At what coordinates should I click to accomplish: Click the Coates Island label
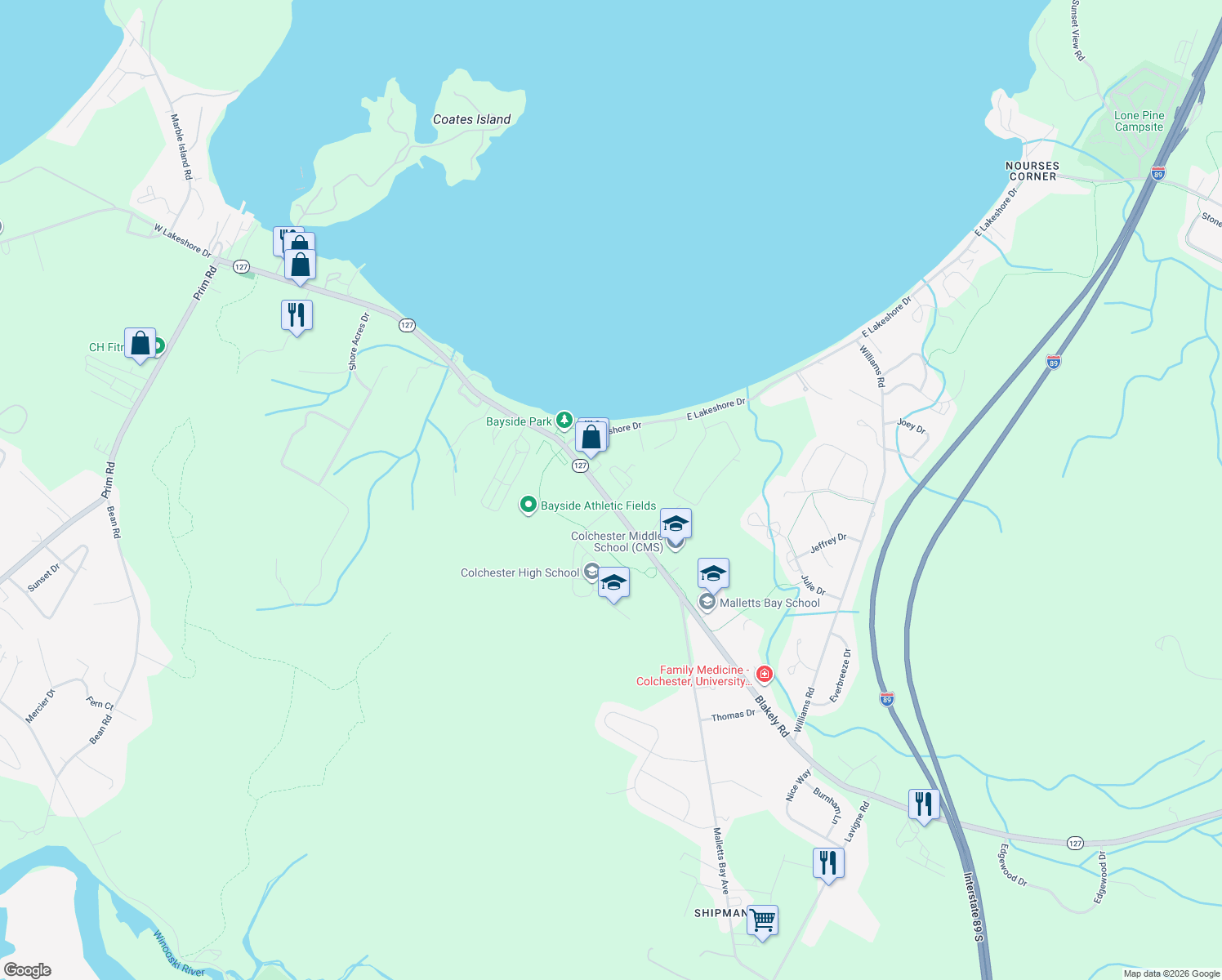click(471, 119)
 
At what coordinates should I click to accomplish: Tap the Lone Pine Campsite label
click(1139, 121)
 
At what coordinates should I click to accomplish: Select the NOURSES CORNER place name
click(1032, 171)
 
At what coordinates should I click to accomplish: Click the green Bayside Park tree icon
click(564, 421)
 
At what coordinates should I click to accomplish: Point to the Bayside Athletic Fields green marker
click(528, 506)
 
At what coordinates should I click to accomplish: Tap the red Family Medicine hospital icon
click(765, 674)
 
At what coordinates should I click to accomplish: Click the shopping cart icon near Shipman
click(762, 920)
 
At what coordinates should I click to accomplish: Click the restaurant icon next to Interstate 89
click(923, 804)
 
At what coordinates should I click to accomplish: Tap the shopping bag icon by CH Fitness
click(140, 344)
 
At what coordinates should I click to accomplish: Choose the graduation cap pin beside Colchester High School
click(613, 583)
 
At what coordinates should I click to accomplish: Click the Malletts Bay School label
click(769, 603)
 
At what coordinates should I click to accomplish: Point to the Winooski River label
click(179, 953)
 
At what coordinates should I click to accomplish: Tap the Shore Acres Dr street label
click(359, 341)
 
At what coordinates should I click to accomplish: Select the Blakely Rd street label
click(772, 715)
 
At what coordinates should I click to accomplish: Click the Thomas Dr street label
click(733, 715)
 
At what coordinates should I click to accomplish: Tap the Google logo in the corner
click(28, 969)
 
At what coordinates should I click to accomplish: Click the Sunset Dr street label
click(43, 577)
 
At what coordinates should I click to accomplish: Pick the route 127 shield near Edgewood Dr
click(1075, 843)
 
